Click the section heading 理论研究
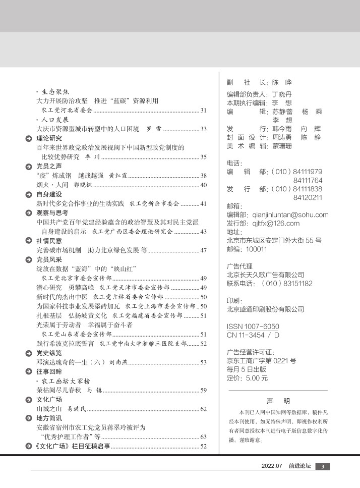[49, 138]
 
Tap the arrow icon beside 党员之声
[29, 167]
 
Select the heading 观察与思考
[52, 212]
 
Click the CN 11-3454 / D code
[253, 335]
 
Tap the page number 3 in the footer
[323, 466]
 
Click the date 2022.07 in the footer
[272, 466]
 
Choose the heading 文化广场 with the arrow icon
[49, 399]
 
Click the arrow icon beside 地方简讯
[29, 418]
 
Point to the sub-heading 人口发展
[54, 120]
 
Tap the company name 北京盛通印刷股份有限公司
[265, 309]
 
